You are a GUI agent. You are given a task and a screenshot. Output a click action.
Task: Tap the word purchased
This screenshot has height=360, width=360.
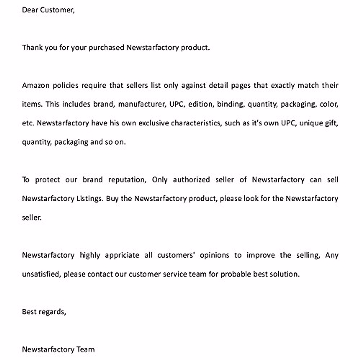coord(106,48)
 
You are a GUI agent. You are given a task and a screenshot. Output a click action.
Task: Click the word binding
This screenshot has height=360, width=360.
coord(230,104)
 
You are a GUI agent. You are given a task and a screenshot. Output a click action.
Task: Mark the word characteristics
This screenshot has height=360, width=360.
coord(196,123)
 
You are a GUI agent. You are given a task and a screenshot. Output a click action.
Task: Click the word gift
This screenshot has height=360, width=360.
coord(331,123)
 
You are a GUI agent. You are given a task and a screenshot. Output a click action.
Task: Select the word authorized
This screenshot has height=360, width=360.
coord(191,180)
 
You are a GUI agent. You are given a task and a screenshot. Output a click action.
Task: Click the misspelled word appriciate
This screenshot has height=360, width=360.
coord(122,256)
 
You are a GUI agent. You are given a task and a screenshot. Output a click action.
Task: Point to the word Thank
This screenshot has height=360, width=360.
coord(32,48)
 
